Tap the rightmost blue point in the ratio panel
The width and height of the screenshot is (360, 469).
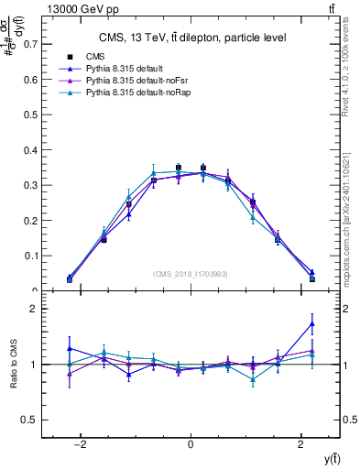[311, 323]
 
